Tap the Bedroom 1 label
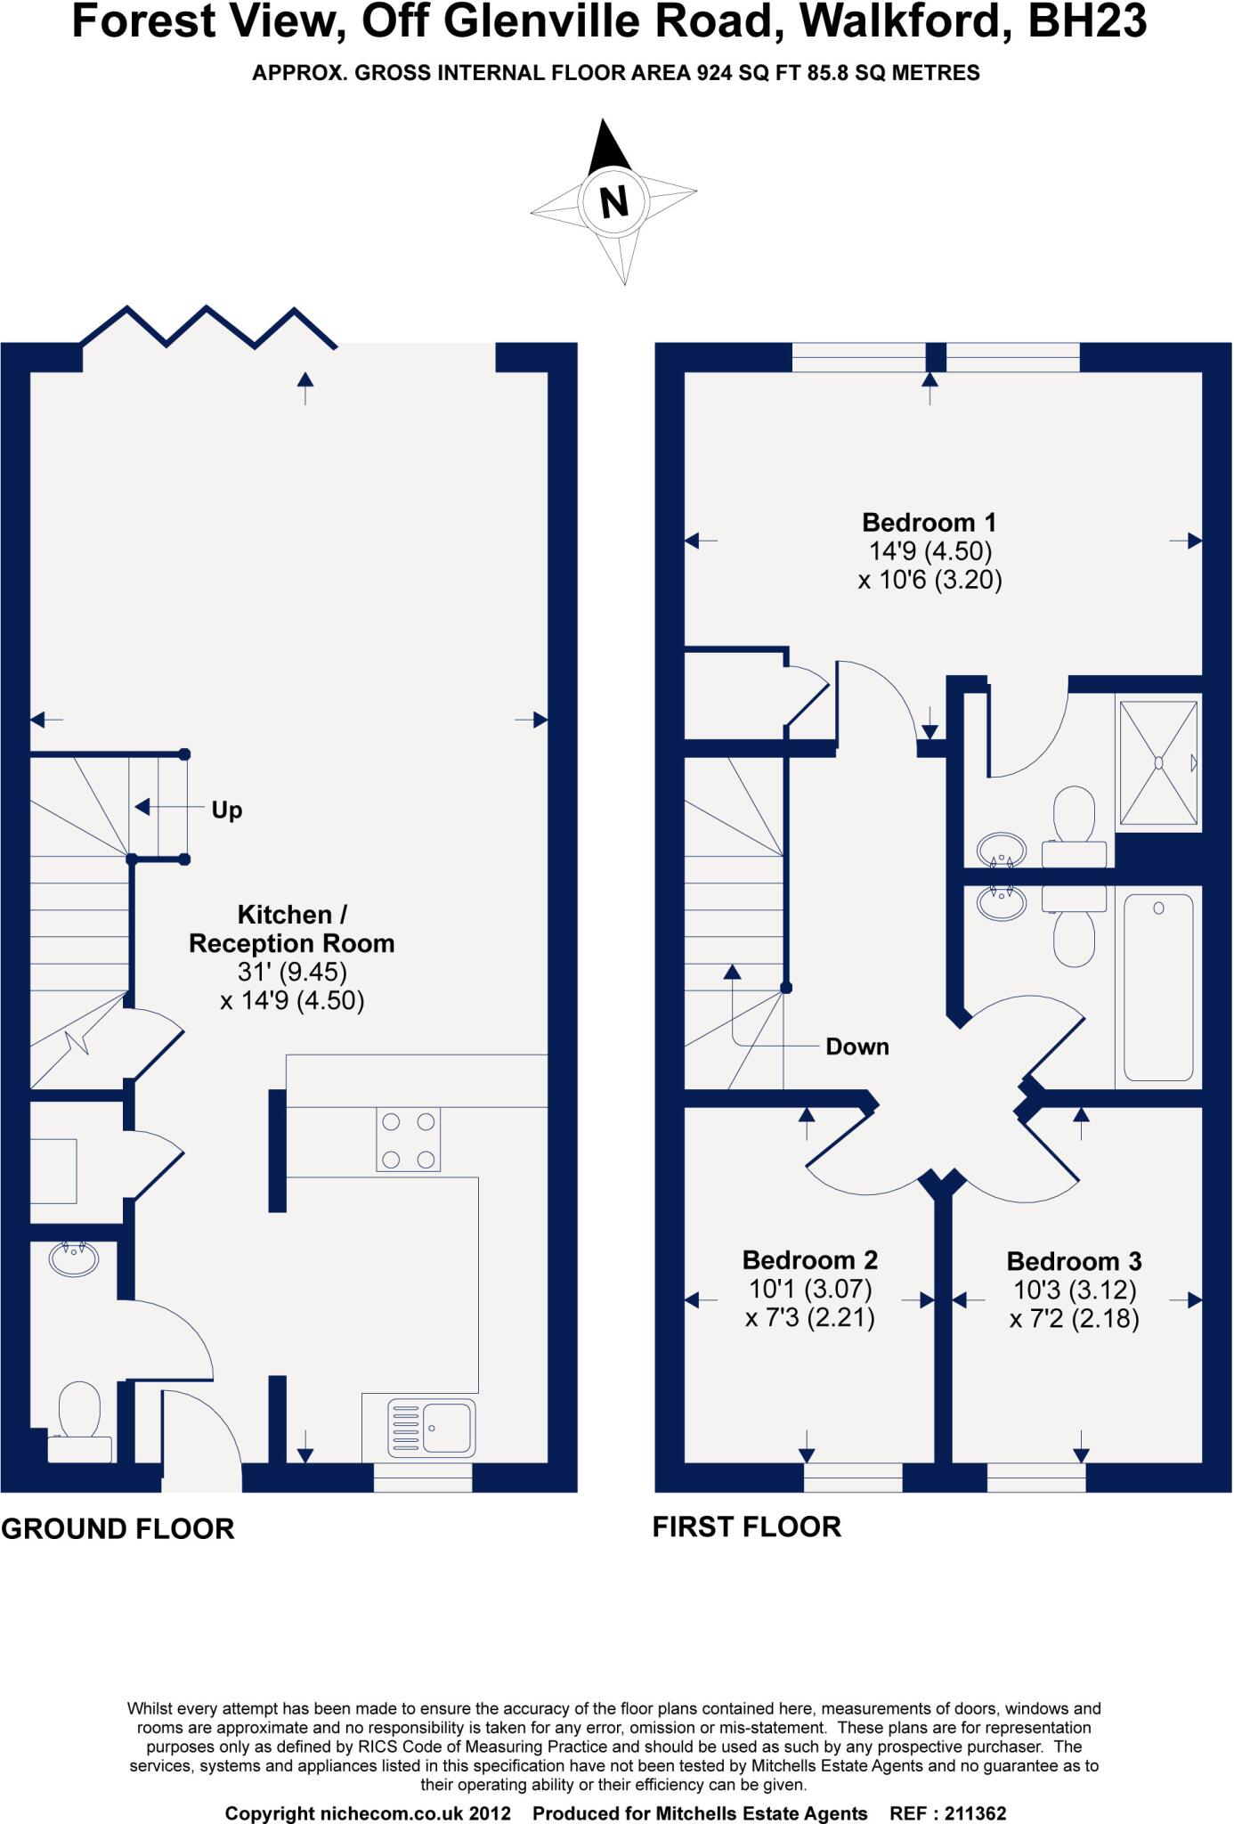point(930,522)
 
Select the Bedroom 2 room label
point(809,1259)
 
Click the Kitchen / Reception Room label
point(291,929)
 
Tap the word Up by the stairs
point(226,810)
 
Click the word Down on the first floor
point(856,1046)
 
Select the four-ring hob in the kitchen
point(408,1140)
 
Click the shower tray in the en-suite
point(1158,762)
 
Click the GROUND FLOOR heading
point(118,1528)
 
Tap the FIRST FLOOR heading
point(746,1527)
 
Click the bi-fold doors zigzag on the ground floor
point(209,327)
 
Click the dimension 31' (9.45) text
point(291,972)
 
